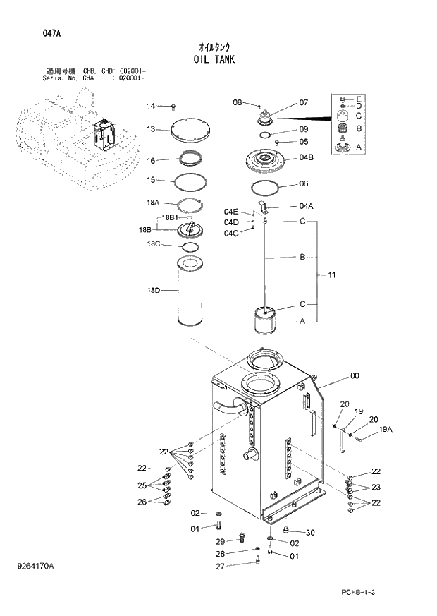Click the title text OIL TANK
218,60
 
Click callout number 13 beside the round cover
151,129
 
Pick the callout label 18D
153,290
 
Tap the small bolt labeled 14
173,107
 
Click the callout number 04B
306,157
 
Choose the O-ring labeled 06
268,187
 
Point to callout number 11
331,274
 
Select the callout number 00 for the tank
355,376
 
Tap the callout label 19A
385,429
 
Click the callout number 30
309,532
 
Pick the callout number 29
220,541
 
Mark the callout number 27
220,566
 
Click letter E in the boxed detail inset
359,98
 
